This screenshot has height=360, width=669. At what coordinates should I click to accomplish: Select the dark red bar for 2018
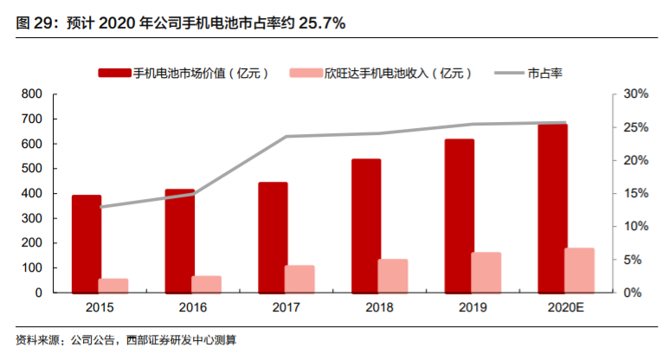tap(366, 226)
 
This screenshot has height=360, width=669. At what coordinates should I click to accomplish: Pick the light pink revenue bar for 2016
tap(206, 284)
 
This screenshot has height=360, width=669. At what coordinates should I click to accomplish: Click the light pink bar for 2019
tap(486, 273)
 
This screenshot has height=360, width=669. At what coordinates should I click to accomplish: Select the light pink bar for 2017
tap(299, 279)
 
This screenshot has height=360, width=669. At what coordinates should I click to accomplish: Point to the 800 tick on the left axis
tap(31, 93)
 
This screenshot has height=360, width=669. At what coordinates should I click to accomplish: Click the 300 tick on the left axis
tap(31, 218)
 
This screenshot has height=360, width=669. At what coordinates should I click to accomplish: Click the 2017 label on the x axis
tap(286, 307)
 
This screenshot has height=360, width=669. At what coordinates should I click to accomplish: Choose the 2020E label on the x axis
tap(566, 307)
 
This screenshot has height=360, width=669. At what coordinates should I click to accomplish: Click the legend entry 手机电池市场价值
tap(187, 74)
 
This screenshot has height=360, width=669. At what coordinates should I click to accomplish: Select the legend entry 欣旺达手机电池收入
tap(385, 74)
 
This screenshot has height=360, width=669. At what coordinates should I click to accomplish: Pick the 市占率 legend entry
tap(544, 74)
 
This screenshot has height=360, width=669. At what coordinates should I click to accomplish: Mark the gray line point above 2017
tap(286, 136)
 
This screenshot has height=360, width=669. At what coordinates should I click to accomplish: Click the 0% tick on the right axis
tap(631, 292)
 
